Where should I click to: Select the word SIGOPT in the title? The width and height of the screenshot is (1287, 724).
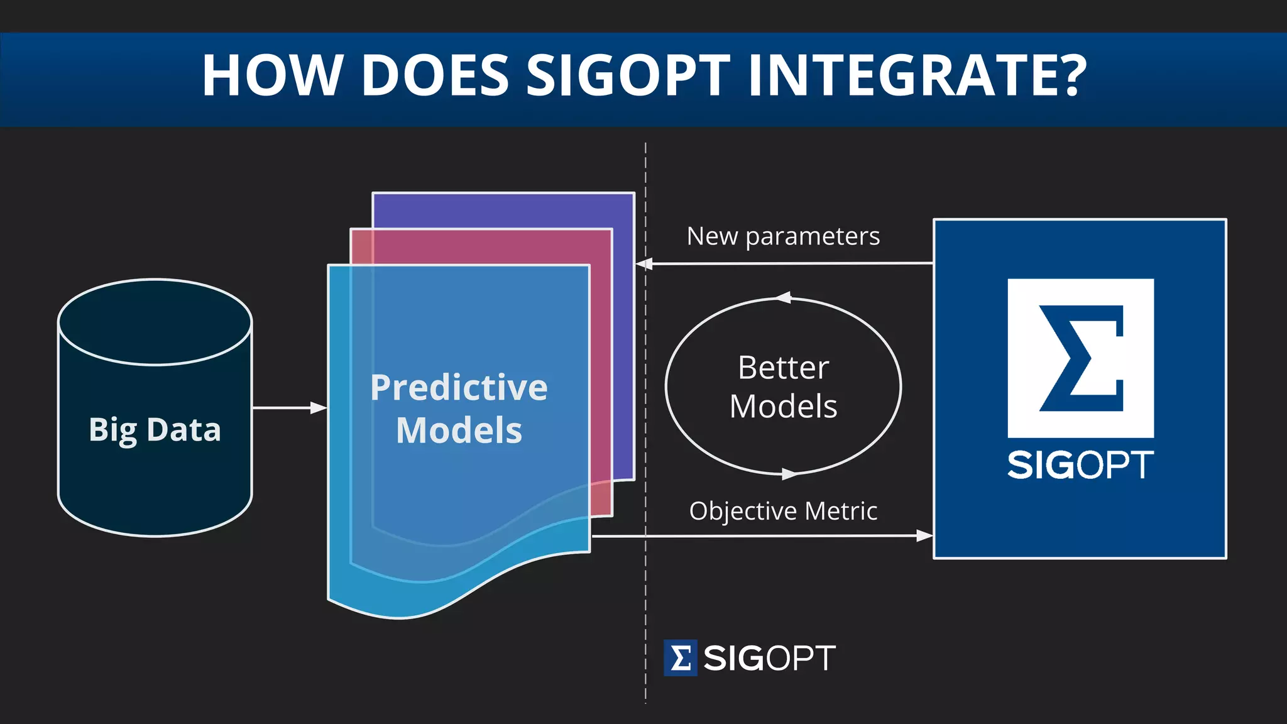tap(628, 75)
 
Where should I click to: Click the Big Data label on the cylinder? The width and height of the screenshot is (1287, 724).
tap(155, 431)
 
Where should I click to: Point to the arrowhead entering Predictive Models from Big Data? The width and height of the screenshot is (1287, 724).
tap(319, 408)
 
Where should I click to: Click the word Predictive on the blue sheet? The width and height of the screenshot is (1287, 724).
tap(459, 387)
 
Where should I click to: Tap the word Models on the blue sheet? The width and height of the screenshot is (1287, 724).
tap(459, 431)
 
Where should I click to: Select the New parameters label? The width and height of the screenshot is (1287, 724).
tap(783, 237)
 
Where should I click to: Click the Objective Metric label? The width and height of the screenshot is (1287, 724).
tap(783, 511)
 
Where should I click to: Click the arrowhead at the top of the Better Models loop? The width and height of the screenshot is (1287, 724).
tap(783, 297)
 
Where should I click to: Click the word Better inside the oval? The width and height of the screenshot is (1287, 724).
tap(783, 368)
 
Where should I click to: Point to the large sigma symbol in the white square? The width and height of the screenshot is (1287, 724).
tap(1081, 358)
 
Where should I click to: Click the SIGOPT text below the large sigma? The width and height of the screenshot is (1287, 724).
tap(1080, 465)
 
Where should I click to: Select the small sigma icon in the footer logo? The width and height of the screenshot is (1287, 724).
tap(680, 659)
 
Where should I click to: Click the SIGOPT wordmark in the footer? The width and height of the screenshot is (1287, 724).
tap(769, 659)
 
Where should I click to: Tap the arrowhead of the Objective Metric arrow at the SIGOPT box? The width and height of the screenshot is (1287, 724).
tap(924, 535)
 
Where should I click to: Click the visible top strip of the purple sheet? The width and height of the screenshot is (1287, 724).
tap(503, 211)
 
